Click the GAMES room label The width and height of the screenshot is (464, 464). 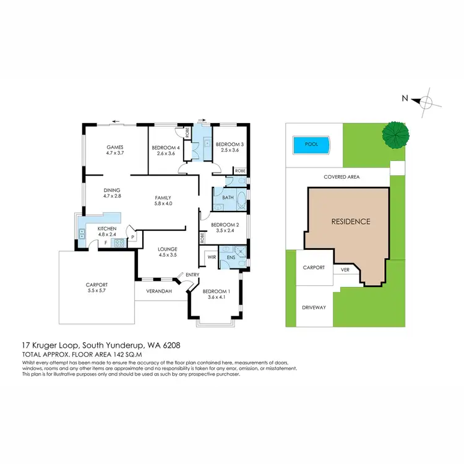point(115,147)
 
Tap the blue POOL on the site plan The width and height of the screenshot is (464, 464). point(311,144)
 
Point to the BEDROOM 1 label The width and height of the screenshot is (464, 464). point(217,291)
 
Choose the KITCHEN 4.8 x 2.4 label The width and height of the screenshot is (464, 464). point(106,231)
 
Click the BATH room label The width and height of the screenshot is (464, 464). point(228,198)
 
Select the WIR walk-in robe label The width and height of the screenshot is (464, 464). point(211,256)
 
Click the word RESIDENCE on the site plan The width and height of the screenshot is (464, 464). point(350,221)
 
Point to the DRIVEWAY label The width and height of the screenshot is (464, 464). point(314,307)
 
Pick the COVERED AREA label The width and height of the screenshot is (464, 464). point(342,177)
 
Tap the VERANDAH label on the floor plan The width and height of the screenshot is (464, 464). point(159,291)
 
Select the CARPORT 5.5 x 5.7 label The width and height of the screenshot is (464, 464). point(96,288)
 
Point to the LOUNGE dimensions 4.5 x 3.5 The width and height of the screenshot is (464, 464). point(168,254)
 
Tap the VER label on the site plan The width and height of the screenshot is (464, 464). point(345,270)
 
